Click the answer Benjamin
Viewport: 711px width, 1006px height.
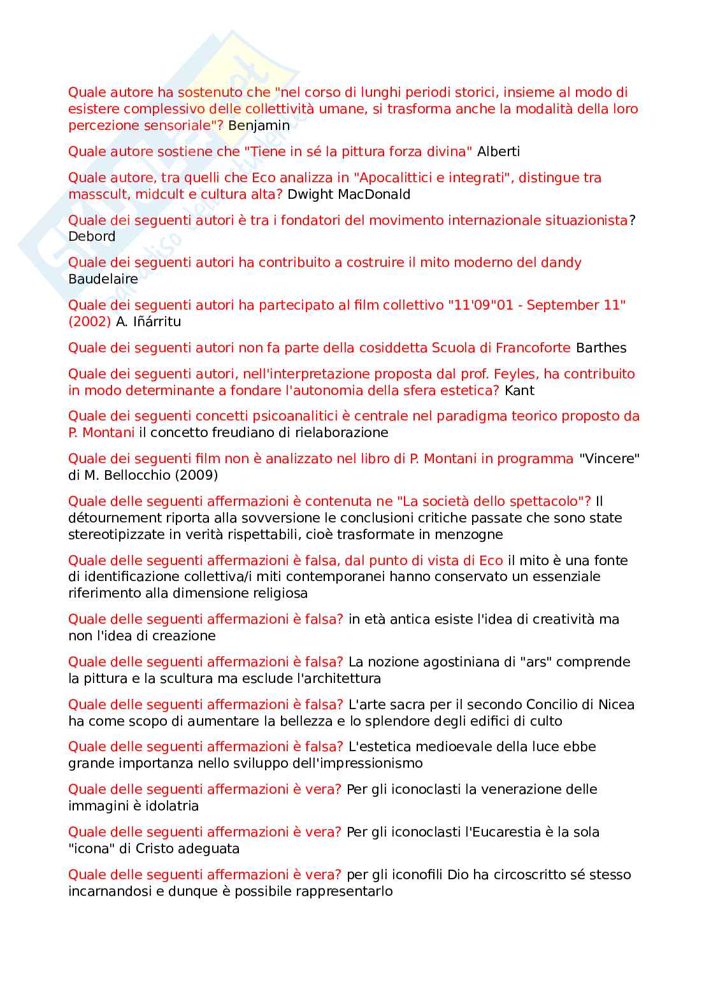tap(259, 126)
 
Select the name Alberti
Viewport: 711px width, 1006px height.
tap(498, 152)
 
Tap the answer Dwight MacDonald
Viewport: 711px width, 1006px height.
tap(348, 194)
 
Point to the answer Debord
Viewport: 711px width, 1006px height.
tap(92, 236)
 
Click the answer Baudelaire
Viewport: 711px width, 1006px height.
tap(103, 279)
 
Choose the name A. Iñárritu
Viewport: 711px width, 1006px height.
tap(148, 322)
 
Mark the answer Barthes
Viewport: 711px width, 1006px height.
tap(601, 348)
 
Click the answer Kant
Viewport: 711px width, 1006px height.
tap(519, 391)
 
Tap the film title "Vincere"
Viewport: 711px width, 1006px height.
tap(609, 459)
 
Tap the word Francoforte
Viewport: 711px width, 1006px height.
tap(533, 348)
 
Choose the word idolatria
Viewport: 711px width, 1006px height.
tap(168, 806)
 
